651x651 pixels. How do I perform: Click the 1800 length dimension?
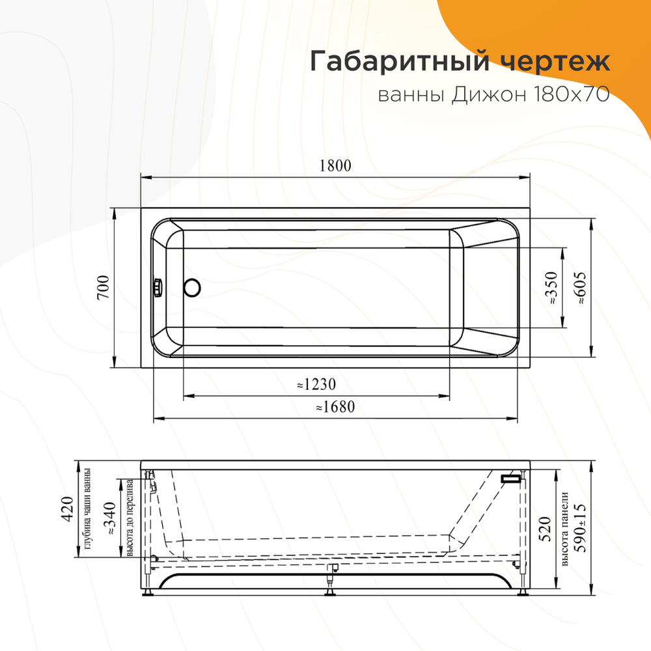335,165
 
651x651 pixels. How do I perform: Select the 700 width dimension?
102,287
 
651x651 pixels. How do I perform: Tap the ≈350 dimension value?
552,288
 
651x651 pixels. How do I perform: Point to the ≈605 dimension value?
581,288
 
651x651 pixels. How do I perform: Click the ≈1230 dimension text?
316,384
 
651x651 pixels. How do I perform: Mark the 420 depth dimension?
65,510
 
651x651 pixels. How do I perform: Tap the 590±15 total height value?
581,529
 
